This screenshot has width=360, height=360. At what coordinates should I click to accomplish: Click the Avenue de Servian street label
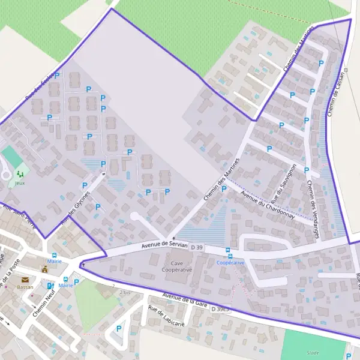click(x=164, y=245)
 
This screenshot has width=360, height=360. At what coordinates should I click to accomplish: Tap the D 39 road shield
click(x=199, y=246)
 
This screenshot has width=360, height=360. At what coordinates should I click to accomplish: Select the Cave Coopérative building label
click(x=177, y=266)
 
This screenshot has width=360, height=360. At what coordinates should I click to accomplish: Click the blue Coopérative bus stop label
click(x=230, y=263)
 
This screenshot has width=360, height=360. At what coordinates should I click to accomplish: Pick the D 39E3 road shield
click(x=220, y=308)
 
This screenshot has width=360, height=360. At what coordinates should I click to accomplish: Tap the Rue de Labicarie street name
click(x=166, y=316)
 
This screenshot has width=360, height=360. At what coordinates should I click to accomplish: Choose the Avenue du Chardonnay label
click(x=267, y=205)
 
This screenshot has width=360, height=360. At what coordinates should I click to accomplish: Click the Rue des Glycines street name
click(x=75, y=208)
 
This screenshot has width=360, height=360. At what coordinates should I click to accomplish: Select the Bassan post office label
click(x=25, y=287)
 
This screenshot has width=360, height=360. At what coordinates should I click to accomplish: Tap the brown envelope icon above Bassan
click(x=25, y=280)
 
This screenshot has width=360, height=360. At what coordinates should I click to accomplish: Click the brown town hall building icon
click(x=45, y=269)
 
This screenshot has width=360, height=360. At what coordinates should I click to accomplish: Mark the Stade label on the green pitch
click(x=313, y=353)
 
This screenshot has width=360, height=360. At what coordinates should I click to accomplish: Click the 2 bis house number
click(x=125, y=292)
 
